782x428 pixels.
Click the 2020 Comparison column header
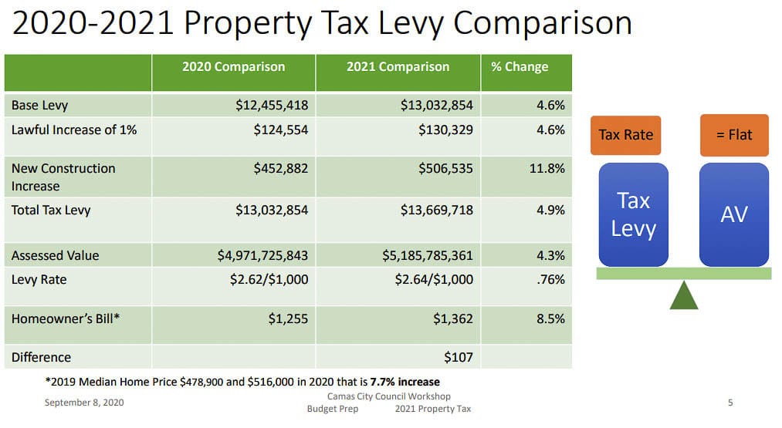[233, 67]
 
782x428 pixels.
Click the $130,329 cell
[445, 130]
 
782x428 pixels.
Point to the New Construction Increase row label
[63, 177]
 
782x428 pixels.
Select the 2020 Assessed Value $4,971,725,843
[262, 255]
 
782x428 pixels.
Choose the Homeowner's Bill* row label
[66, 318]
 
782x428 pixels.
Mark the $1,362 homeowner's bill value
[454, 318]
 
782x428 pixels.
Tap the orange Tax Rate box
[625, 135]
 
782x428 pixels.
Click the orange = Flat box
[733, 135]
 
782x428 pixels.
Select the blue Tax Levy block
[633, 214]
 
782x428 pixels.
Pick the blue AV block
[733, 214]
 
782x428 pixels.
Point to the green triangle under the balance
[683, 295]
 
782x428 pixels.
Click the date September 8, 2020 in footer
[83, 403]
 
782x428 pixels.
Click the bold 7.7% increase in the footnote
[405, 382]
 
